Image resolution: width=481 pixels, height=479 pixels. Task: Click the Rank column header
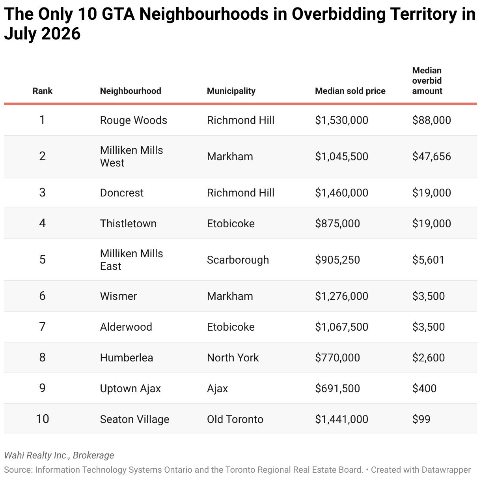(43, 91)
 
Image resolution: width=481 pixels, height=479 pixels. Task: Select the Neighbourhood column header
(131, 91)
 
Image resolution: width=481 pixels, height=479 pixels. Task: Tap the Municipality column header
(231, 91)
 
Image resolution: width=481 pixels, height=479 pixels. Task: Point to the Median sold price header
(350, 91)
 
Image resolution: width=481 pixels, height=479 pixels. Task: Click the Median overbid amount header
(427, 81)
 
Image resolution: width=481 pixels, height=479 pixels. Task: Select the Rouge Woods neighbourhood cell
(134, 120)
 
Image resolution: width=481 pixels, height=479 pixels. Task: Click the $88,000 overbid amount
(432, 120)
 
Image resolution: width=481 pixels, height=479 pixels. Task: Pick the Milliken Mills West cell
(132, 156)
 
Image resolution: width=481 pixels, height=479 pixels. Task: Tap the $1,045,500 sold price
(341, 156)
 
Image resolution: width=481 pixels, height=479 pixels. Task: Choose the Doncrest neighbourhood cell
(122, 193)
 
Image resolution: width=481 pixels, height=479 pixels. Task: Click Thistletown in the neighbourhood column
(128, 223)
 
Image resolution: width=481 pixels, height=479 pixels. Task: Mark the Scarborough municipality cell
(238, 260)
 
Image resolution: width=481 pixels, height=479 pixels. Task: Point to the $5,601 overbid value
(428, 260)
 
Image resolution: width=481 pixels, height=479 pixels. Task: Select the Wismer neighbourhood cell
(119, 296)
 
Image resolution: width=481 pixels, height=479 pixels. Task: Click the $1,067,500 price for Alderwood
(341, 327)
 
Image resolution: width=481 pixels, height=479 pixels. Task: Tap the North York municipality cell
(233, 357)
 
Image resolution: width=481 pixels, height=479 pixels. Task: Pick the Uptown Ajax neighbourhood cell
(130, 389)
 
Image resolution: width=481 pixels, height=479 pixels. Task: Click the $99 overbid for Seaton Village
(421, 419)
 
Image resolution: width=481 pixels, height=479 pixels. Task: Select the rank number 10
(43, 419)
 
